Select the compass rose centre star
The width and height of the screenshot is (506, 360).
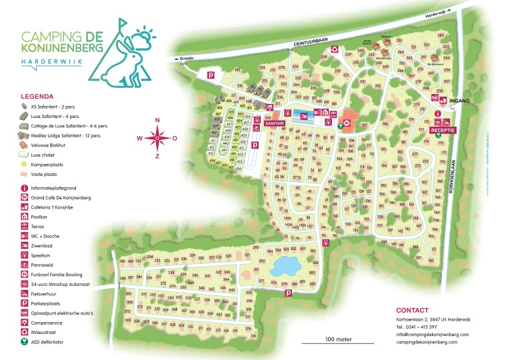pos(157,138)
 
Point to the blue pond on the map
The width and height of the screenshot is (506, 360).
pos(287,267)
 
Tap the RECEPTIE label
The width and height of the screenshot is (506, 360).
pos(443,131)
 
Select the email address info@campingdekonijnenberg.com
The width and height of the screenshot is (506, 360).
pos(432,334)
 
